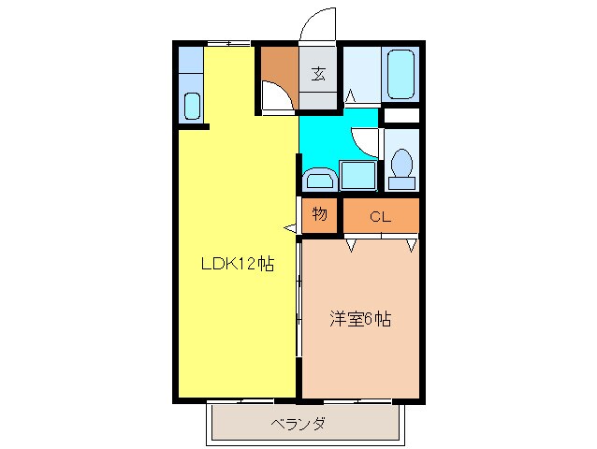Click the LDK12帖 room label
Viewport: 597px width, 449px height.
238,265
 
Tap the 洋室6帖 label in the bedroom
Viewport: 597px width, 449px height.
359,319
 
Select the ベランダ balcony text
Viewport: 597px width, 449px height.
298,424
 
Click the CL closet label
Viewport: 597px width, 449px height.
379,217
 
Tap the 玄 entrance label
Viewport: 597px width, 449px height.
319,75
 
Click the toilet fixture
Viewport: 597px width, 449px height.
402,165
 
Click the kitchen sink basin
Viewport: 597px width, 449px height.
192,105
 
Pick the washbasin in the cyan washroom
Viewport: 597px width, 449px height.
319,178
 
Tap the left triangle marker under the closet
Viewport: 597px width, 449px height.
352,245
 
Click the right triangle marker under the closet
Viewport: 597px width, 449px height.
411,245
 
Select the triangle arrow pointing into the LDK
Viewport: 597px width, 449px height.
291,227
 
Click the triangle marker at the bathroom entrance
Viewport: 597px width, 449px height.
352,94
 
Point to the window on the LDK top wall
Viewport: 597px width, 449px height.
228,43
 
